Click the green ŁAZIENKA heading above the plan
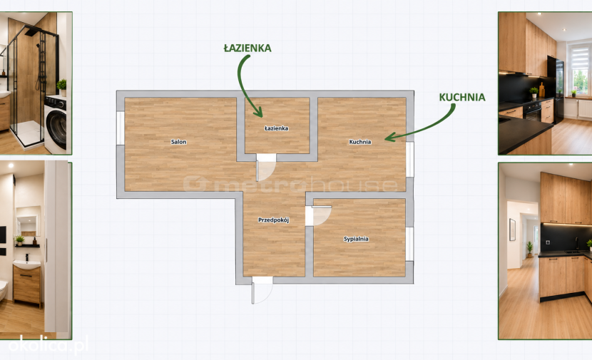247,48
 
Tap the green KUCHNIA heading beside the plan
462,98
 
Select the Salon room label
178,142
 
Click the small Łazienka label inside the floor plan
276,128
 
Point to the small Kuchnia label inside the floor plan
359,142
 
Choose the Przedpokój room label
274,220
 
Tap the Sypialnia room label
356,239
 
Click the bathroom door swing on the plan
266,168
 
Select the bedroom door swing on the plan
318,216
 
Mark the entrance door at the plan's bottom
262,290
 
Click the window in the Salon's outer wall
121,128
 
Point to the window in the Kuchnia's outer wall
409,159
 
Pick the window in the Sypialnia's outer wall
409,244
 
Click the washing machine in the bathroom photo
56,125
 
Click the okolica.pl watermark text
49,345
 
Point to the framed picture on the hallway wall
512,230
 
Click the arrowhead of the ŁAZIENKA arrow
259,112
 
